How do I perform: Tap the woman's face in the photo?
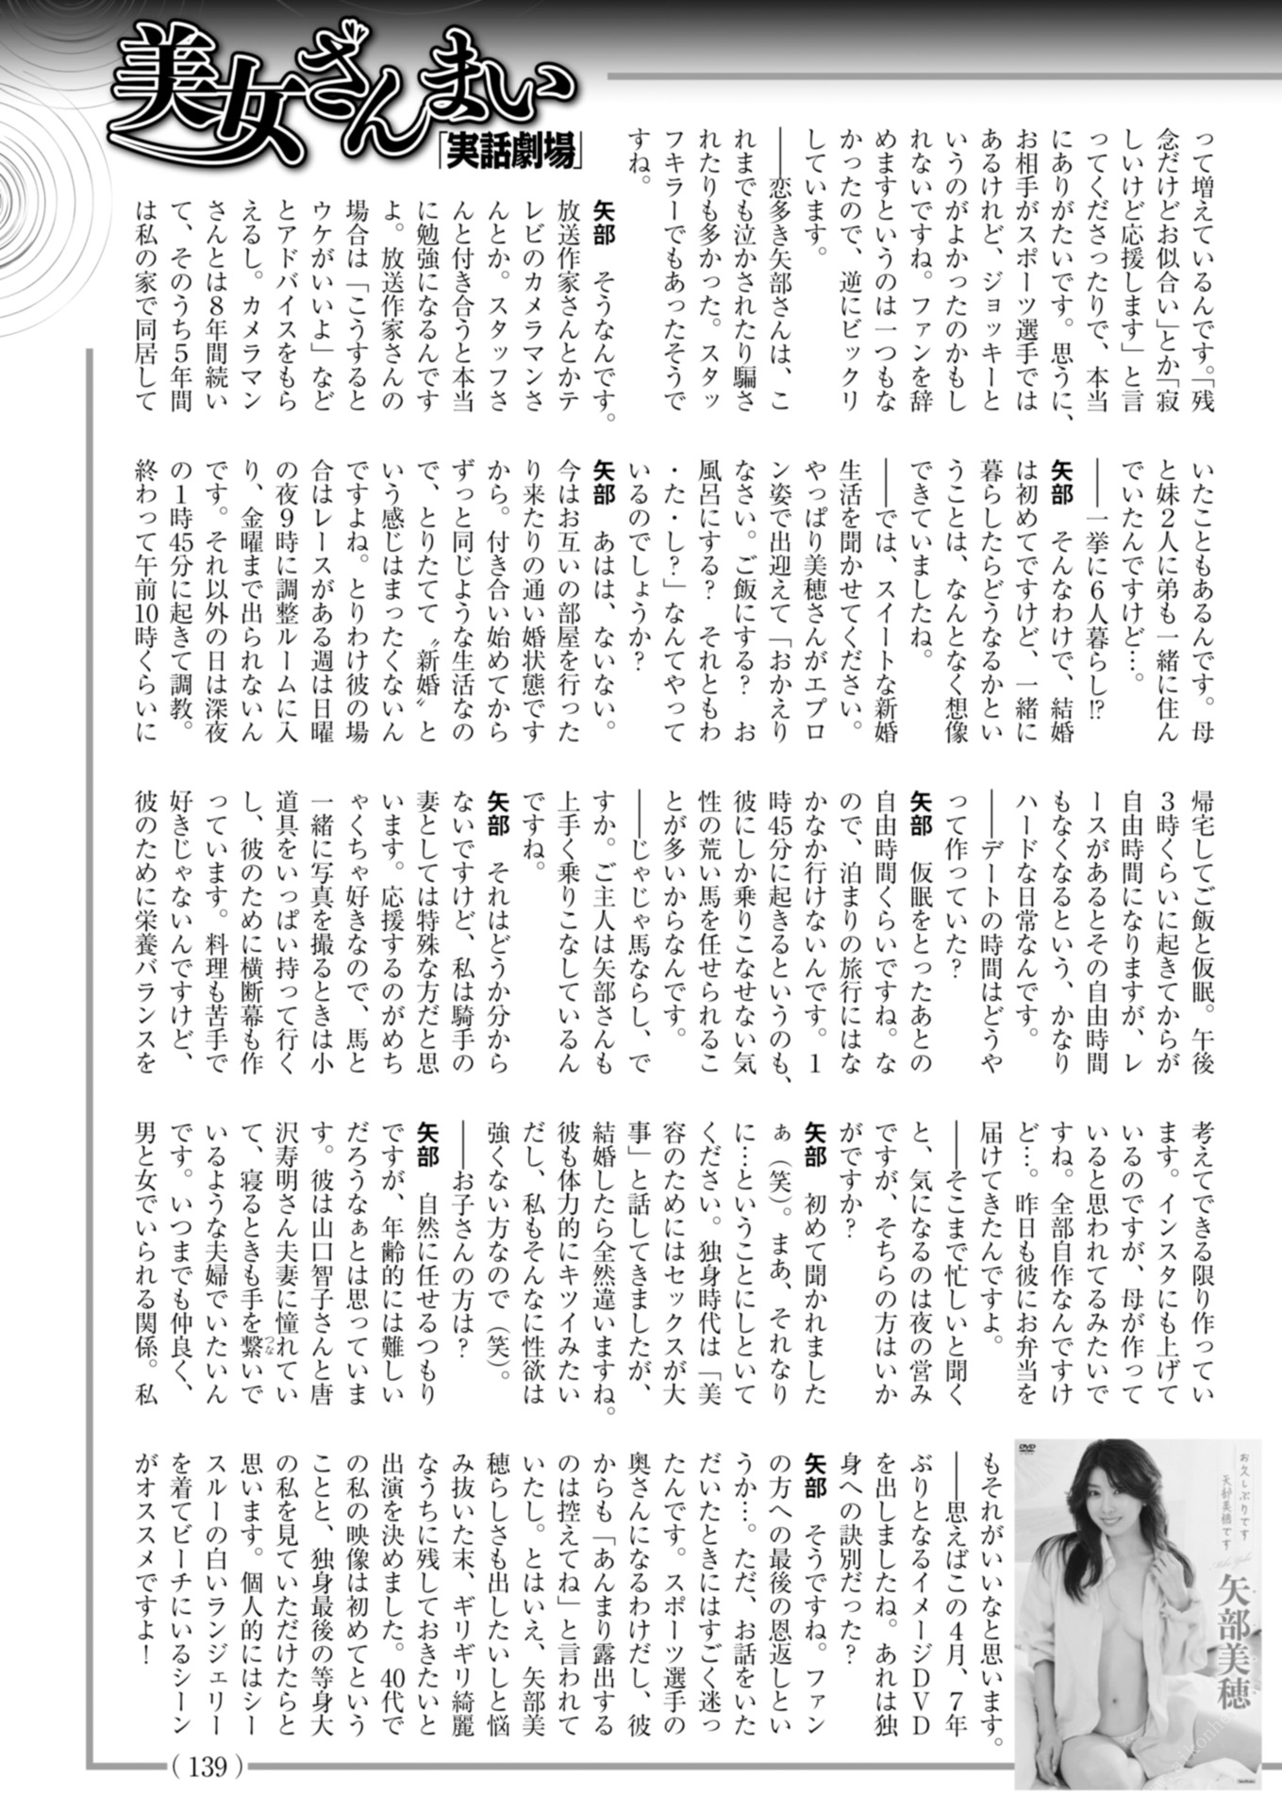point(1117,1510)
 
